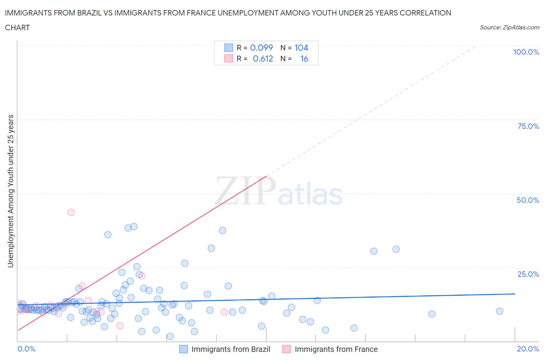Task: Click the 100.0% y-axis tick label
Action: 526,52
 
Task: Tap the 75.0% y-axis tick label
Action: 528,126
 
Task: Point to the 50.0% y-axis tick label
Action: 528,200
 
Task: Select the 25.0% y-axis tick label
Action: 528,274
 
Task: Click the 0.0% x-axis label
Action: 26,349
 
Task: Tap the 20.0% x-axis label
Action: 528,349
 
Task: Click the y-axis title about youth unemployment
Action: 10,191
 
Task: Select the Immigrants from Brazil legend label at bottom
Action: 231,349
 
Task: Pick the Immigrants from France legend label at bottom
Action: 336,349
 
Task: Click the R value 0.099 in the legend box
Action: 261,48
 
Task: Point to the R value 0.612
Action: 263,58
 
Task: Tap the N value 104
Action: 301,48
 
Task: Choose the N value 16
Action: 304,58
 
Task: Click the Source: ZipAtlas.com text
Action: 509,27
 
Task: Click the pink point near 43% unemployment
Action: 71,212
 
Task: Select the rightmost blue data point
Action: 499,311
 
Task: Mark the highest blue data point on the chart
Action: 134,226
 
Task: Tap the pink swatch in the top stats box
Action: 228,58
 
